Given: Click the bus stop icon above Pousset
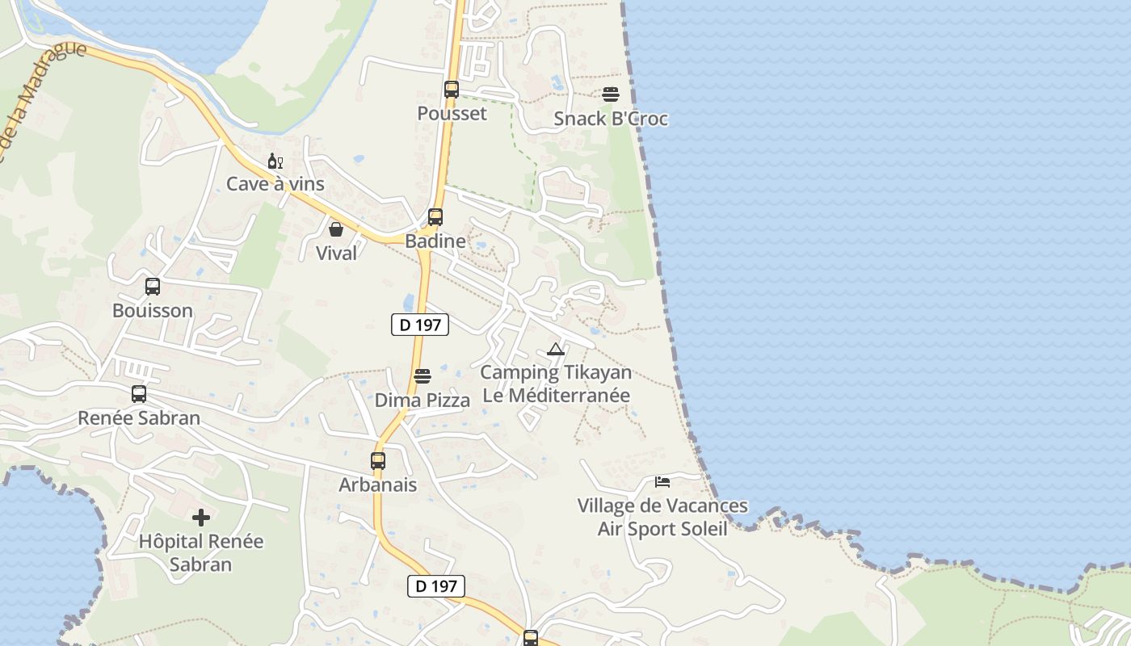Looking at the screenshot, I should tap(452, 90).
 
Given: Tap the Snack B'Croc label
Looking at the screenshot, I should tap(611, 119).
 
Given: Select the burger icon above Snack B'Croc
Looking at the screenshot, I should tap(611, 94).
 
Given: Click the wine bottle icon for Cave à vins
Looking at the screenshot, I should tap(275, 161).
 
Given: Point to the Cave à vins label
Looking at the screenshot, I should tap(275, 184).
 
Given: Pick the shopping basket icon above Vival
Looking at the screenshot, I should tap(336, 229).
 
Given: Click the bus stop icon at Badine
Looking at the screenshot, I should tap(435, 216).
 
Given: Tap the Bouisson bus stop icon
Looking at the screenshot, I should tap(153, 287).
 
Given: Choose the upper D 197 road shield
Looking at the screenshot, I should tap(419, 325).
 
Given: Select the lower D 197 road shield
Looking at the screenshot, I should tap(435, 586).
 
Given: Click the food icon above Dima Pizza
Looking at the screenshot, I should tap(423, 376).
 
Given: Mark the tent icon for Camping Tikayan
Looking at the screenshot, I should tap(555, 350).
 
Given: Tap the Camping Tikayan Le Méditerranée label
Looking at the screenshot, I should tap(555, 384).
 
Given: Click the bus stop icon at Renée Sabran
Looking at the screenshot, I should tap(139, 394).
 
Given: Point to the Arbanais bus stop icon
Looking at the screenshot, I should tap(378, 461).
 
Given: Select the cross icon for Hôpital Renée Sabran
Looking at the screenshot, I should tap(201, 518).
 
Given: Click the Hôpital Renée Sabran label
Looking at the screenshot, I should tap(201, 552).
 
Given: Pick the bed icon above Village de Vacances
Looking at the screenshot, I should tap(662, 482).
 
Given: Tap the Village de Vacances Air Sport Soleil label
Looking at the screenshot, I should tap(662, 517).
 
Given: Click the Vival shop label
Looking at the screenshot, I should tap(336, 254).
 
